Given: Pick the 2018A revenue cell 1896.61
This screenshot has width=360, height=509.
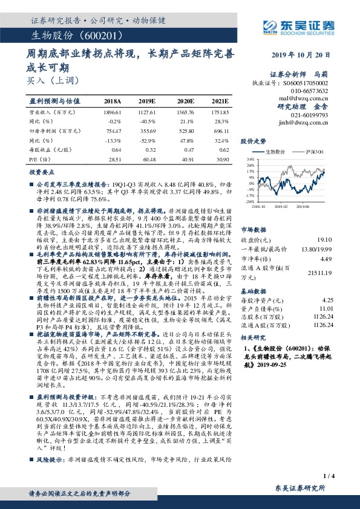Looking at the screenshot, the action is pos(113,112).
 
